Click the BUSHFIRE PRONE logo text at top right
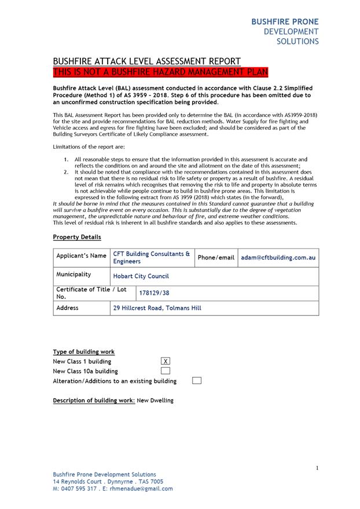click(x=285, y=21)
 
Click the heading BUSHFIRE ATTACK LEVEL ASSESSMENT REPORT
click(x=146, y=61)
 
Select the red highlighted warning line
click(x=160, y=72)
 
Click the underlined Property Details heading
click(x=76, y=237)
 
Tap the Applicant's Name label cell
click(x=81, y=256)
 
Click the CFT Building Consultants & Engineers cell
click(x=152, y=258)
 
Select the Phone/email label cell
click(x=216, y=258)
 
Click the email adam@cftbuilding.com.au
click(x=277, y=258)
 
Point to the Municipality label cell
click(x=74, y=274)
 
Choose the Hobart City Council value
click(x=141, y=277)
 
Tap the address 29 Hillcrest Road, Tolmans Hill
click(x=157, y=308)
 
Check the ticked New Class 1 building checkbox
click(x=166, y=361)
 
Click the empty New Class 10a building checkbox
click(x=166, y=371)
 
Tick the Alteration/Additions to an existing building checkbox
click(x=196, y=381)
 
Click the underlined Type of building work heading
click(x=83, y=351)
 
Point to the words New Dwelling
click(x=155, y=400)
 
